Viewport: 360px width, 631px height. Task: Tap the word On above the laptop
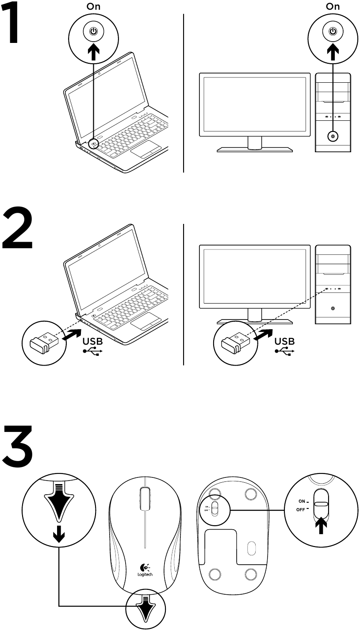click(x=93, y=7)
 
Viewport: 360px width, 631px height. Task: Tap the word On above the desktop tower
click(x=333, y=7)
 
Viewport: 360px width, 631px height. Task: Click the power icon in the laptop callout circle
click(x=93, y=31)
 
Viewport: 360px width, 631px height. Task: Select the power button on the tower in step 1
click(x=333, y=137)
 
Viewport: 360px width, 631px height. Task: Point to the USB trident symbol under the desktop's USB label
click(x=284, y=352)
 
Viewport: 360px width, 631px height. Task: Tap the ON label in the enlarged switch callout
click(x=302, y=501)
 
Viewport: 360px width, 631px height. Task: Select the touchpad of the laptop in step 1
click(x=146, y=150)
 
